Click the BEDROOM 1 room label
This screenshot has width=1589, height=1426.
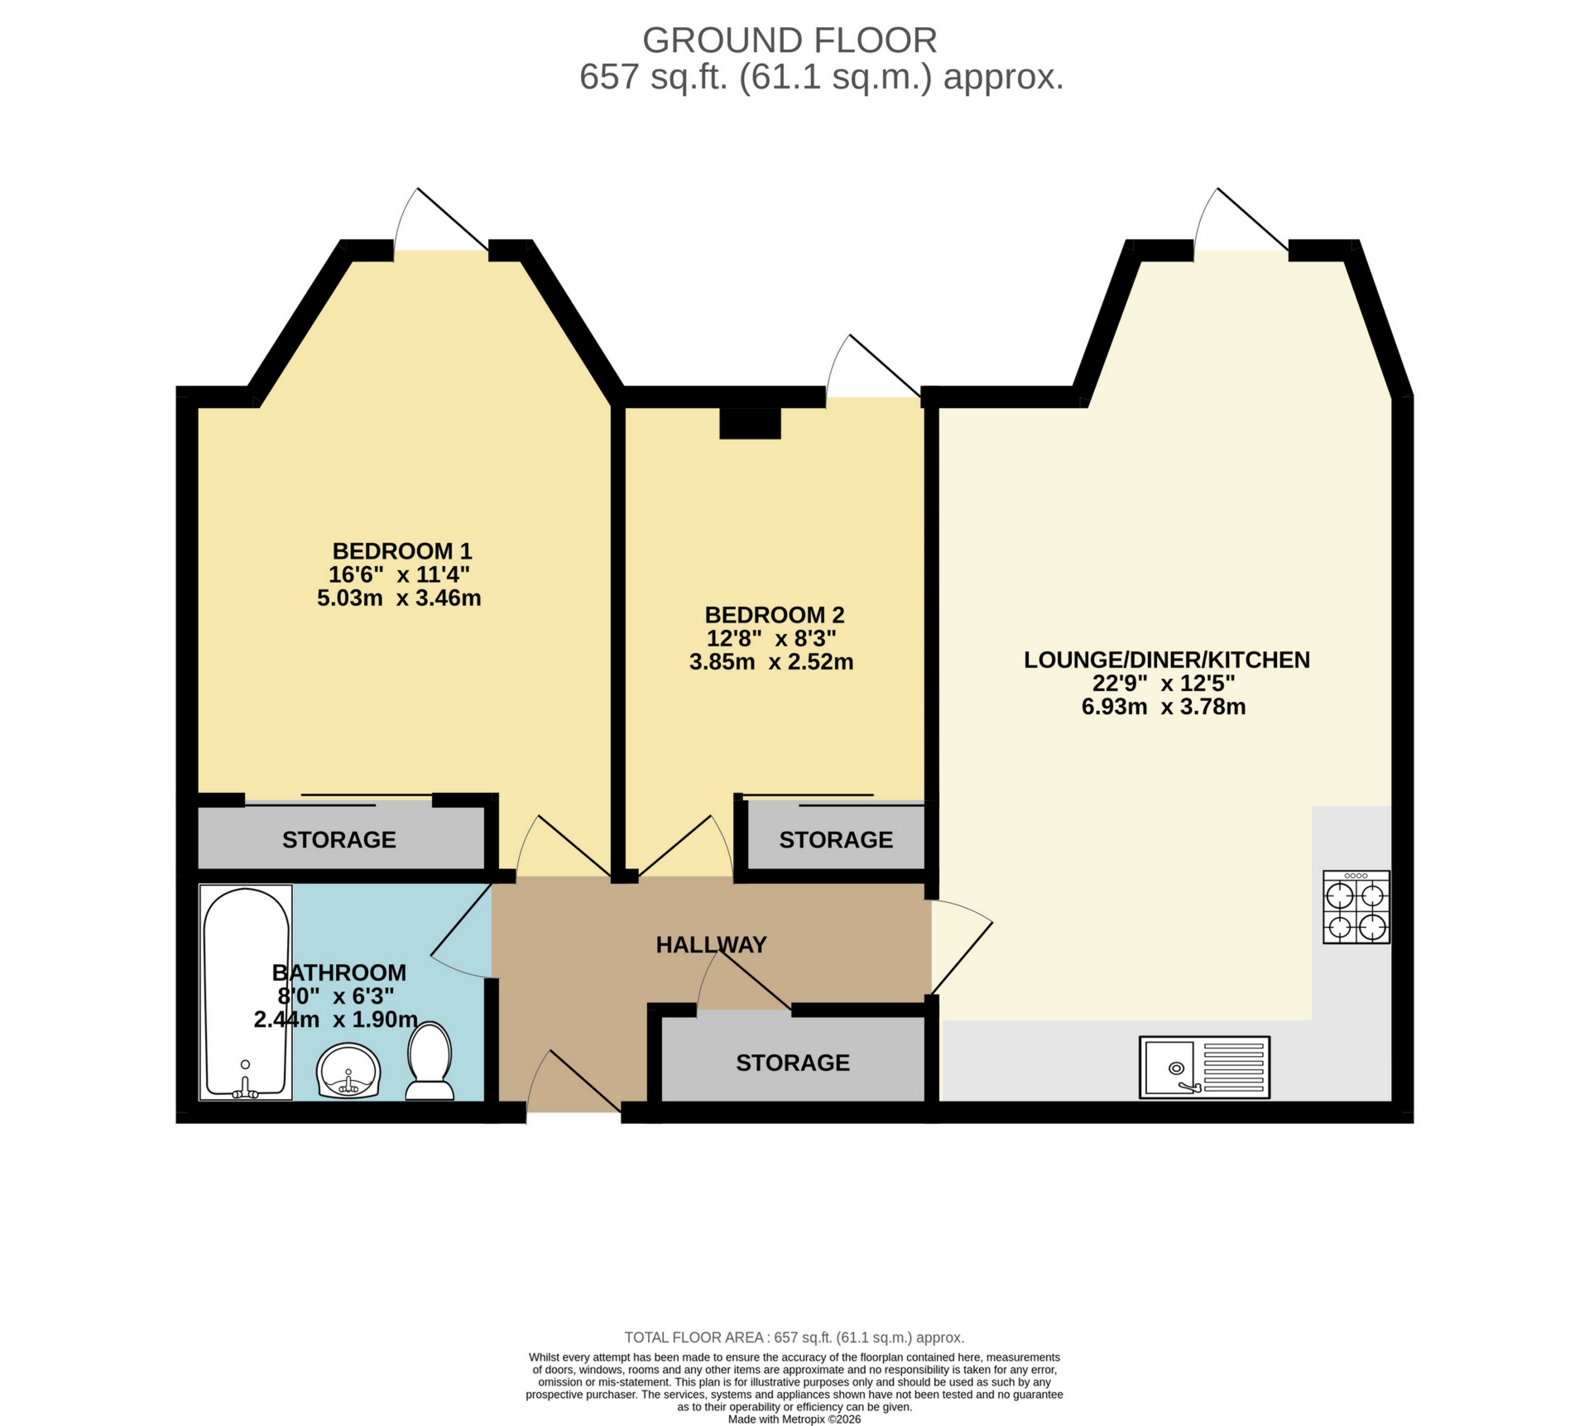(402, 551)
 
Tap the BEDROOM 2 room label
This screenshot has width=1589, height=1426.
(774, 616)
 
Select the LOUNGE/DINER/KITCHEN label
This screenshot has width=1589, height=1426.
(1166, 660)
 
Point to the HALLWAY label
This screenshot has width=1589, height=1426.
(711, 945)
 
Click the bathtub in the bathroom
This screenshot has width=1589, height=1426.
(246, 992)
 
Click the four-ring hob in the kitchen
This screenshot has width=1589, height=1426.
(1356, 907)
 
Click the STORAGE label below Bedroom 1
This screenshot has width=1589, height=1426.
(338, 840)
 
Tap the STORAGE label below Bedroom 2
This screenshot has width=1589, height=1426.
(835, 840)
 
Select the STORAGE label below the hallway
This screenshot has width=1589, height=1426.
(792, 1063)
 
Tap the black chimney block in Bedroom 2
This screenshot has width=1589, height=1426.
(750, 424)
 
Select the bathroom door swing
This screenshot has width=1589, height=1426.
(460, 933)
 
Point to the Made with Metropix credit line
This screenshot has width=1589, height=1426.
(794, 1419)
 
